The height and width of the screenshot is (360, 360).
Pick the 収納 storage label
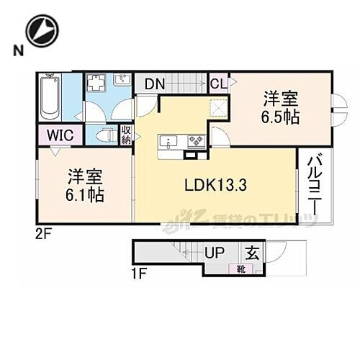click(x=126, y=134)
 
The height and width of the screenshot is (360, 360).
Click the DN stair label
click(x=154, y=84)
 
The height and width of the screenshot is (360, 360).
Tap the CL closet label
click(x=218, y=84)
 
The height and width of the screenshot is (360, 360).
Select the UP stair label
click(x=215, y=253)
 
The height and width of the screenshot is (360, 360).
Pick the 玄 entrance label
click(x=252, y=253)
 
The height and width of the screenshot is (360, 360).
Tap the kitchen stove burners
click(x=196, y=140)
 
